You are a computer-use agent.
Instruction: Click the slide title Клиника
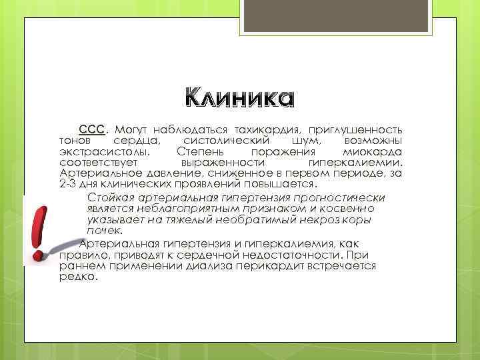239,99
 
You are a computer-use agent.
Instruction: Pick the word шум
305,140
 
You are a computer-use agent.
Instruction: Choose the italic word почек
104,230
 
